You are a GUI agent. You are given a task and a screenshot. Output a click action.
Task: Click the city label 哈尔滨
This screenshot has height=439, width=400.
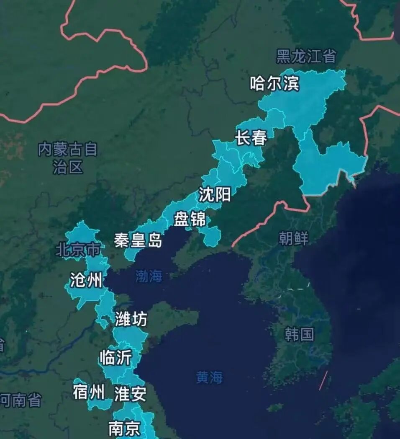coord(274,84)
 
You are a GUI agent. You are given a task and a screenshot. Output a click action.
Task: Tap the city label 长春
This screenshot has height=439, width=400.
coord(251,138)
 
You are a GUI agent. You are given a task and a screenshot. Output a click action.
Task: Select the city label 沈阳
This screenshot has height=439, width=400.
coord(215,194)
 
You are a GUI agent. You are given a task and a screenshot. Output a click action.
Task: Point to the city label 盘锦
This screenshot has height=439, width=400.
coord(190,219)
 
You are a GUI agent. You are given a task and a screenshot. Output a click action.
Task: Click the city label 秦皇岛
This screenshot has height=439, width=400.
coord(138,240)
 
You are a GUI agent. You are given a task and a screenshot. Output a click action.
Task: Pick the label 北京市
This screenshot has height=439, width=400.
coord(78,250)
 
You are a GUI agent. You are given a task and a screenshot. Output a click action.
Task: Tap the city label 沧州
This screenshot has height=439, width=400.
coord(86,280)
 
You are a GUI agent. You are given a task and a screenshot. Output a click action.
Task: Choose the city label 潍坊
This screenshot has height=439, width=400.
coord(131,320)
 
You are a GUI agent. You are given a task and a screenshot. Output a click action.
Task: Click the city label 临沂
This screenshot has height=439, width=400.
coord(115,358)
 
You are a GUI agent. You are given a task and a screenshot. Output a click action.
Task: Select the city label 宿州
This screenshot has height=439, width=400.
coord(88,393)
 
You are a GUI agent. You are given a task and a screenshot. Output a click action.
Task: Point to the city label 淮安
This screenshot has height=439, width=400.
coord(130,394)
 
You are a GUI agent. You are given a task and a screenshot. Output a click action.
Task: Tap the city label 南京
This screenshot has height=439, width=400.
coord(124,428)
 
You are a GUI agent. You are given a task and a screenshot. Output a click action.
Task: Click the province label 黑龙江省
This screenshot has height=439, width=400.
coord(306,56)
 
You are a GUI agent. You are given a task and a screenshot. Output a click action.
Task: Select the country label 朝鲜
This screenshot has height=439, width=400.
coord(293,238)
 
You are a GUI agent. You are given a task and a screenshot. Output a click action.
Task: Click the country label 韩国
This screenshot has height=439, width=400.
coord(299,334)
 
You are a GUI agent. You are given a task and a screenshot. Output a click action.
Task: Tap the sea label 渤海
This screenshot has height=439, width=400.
coord(149,276)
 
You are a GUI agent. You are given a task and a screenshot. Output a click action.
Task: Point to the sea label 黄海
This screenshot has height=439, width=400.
coord(210,377)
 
